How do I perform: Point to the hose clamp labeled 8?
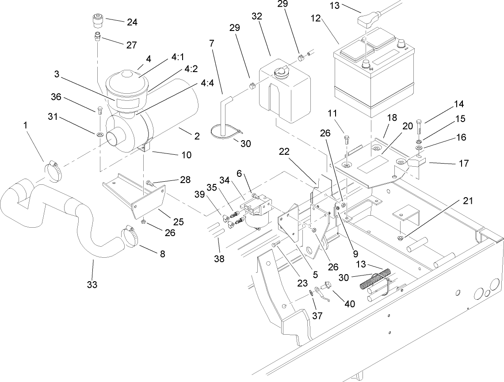click(130, 236)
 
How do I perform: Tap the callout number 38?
click(219, 259)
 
